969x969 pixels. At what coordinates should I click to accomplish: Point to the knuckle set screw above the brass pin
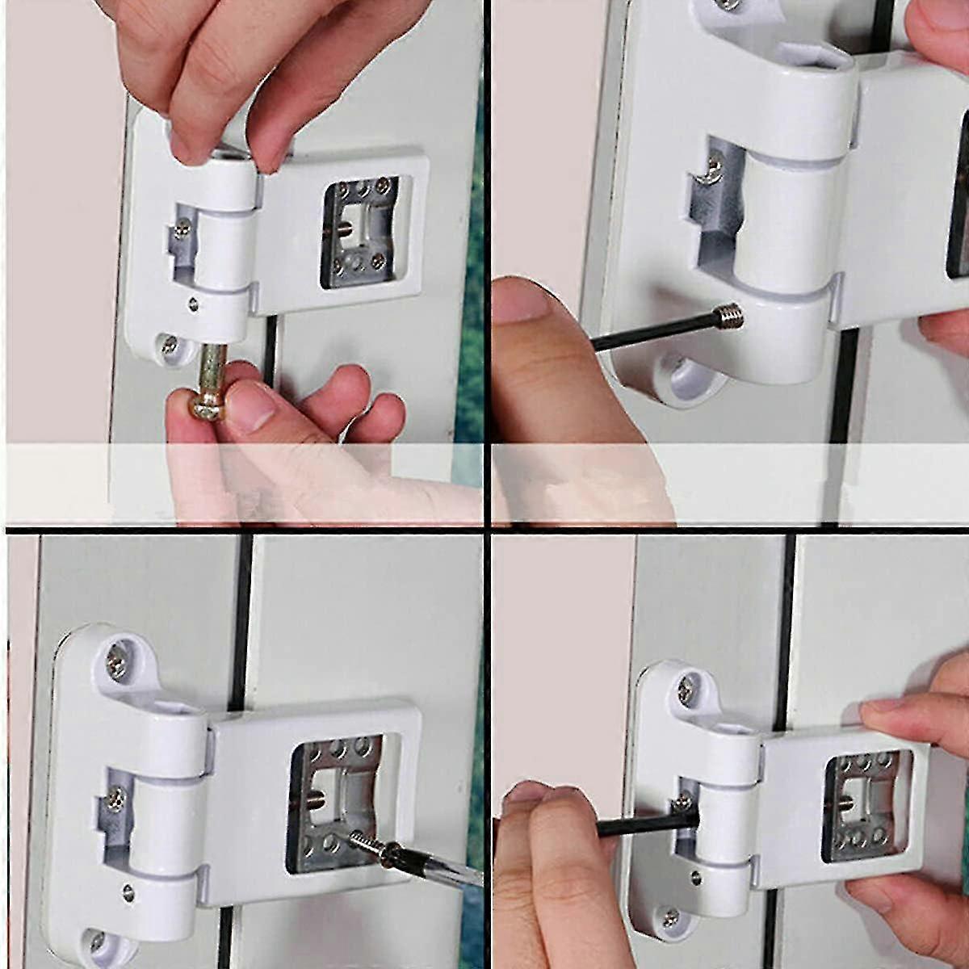click(192, 304)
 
